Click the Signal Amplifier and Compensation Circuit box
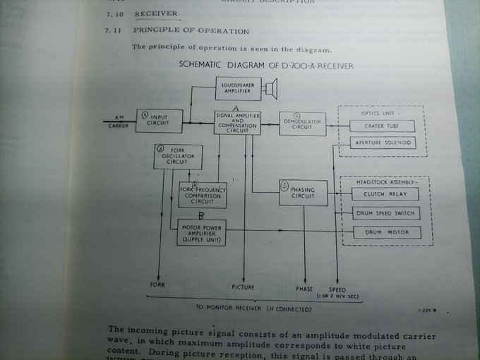coord(239,121)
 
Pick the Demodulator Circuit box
coord(302,123)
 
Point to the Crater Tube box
coord(383,126)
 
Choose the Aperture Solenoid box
coord(383,143)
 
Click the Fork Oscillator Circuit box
coord(178,157)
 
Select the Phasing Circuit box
coord(302,193)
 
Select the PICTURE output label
coord(244,287)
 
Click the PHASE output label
coord(305,288)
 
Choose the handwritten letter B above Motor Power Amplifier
coord(201,215)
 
